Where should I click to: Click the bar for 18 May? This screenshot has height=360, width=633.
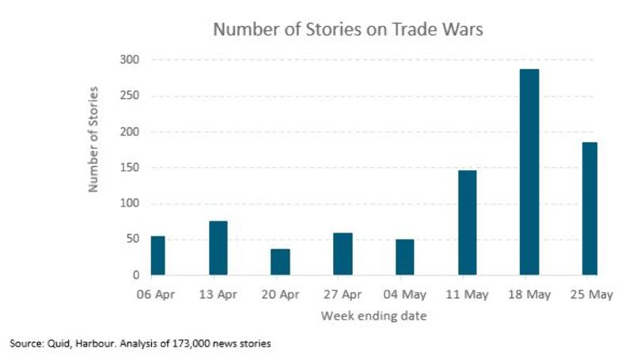pos(529,172)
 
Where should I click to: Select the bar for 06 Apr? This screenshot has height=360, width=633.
pos(158,255)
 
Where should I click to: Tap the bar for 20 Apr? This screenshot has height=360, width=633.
pos(281,262)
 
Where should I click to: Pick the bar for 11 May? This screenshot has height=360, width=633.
pos(467,222)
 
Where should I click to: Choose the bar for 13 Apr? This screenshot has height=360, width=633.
pos(219,248)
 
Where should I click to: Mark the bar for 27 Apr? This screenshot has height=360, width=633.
pos(343,253)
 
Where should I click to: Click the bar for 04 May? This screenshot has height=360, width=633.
pos(405,256)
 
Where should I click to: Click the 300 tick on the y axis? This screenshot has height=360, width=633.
pos(130,60)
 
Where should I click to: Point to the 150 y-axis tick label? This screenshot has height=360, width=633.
pos(130,168)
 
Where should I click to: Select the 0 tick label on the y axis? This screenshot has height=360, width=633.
pos(136,275)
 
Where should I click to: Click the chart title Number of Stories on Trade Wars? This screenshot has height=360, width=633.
pos(348,31)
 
